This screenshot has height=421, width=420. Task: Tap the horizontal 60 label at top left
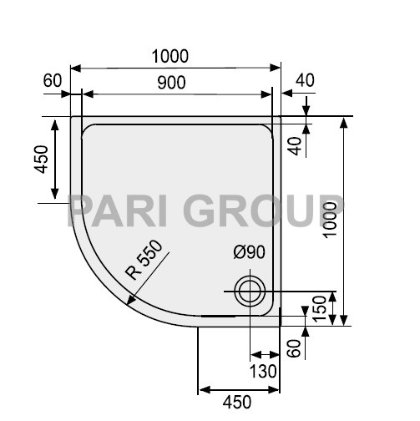53,81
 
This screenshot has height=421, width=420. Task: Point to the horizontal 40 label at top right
305,81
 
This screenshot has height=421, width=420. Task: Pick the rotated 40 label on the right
294,145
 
